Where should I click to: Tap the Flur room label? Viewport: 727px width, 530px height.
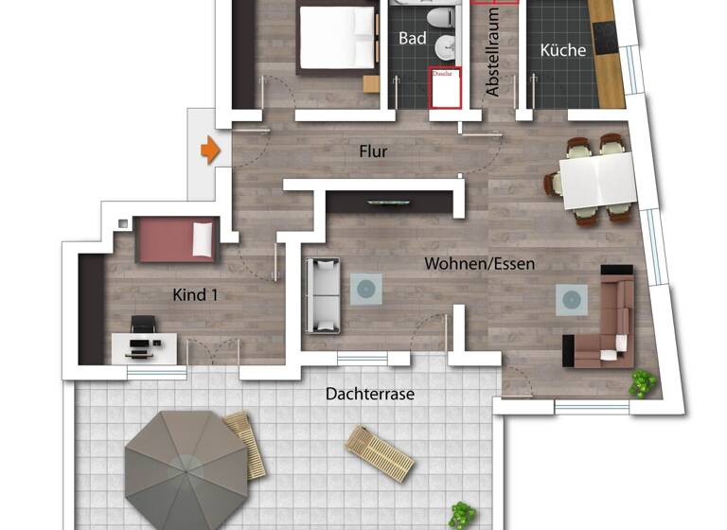pyautogui.click(x=373, y=150)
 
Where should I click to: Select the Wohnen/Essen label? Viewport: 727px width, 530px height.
pyautogui.click(x=479, y=263)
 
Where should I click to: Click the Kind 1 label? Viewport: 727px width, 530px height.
pyautogui.click(x=195, y=295)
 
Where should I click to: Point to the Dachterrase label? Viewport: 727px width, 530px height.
pyautogui.click(x=369, y=393)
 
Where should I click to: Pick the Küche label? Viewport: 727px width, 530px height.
pyautogui.click(x=563, y=50)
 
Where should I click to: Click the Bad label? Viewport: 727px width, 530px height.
pyautogui.click(x=413, y=39)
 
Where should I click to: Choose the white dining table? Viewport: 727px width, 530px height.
pyautogui.click(x=596, y=181)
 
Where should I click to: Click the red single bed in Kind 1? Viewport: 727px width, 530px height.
pyautogui.click(x=176, y=239)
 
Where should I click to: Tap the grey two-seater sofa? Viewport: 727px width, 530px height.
pyautogui.click(x=322, y=294)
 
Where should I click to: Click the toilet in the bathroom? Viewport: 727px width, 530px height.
pyautogui.click(x=438, y=18)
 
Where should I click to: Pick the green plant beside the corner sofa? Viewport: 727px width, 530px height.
pyautogui.click(x=643, y=382)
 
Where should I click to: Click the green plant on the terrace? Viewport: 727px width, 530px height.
pyautogui.click(x=463, y=515)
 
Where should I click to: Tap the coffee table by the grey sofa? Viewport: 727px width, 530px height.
pyautogui.click(x=366, y=289)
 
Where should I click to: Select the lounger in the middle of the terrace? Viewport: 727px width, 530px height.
pyautogui.click(x=380, y=452)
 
